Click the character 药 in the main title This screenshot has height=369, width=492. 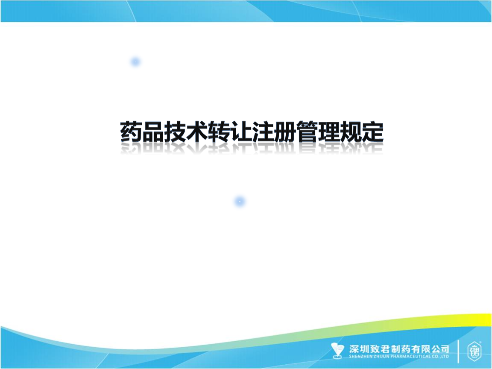[x=131, y=132]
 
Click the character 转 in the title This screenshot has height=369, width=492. [x=220, y=132]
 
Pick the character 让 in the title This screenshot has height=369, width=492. [x=242, y=132]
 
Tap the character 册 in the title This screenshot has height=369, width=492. [x=286, y=132]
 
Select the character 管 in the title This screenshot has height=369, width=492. [x=307, y=132]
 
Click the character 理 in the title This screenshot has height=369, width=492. [x=329, y=132]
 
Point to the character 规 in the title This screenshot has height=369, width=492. [x=351, y=132]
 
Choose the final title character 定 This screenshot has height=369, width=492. [x=373, y=132]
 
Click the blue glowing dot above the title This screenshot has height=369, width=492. [x=135, y=62]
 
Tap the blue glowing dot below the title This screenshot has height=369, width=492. [x=240, y=201]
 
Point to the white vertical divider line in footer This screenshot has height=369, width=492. [x=459, y=351]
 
